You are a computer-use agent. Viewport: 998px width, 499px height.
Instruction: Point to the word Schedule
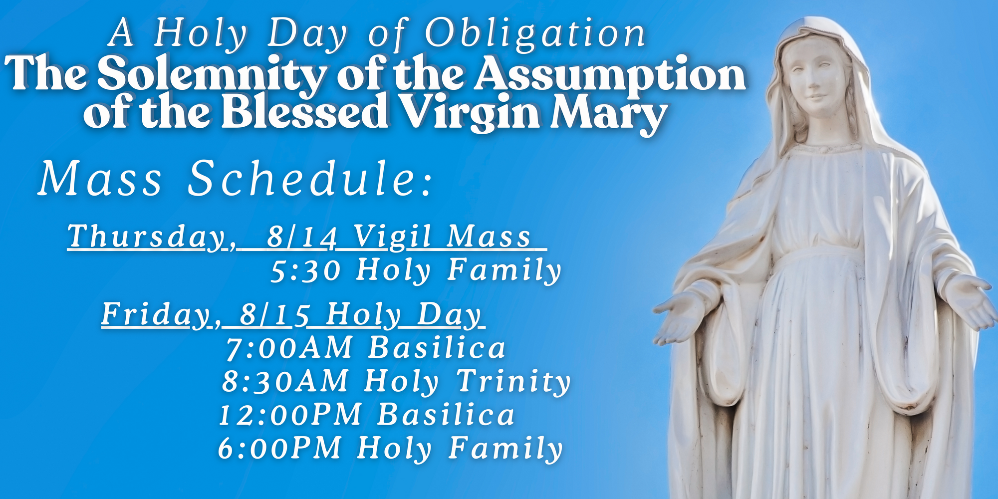[309, 178]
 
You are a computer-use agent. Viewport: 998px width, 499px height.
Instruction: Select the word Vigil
[391, 237]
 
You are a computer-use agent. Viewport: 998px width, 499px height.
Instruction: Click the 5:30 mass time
[305, 271]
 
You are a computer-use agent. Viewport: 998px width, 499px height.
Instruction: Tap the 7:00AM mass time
[289, 348]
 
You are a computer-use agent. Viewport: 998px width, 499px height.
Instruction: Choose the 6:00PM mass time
[280, 448]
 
